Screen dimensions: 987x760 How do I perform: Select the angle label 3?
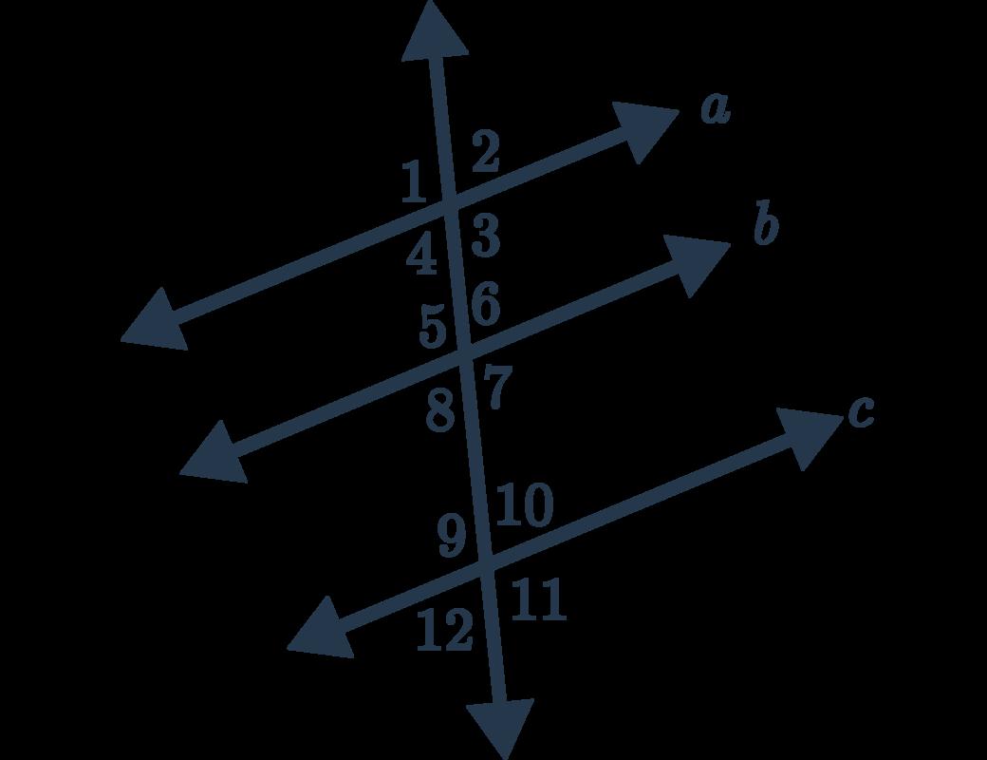pos(485,236)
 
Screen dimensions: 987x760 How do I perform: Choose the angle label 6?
pos(484,306)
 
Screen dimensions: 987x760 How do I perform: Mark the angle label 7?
pos(497,389)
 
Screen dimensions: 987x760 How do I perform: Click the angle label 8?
pos(439,412)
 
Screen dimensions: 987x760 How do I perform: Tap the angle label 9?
pos(453,538)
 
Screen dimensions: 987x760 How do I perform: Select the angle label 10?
pos(523,506)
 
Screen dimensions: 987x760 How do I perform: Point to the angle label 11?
pos(538,601)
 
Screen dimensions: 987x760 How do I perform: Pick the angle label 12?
pos(444,630)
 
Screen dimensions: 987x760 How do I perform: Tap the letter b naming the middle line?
pos(766,228)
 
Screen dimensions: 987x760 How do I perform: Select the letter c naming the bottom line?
pos(860,412)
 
